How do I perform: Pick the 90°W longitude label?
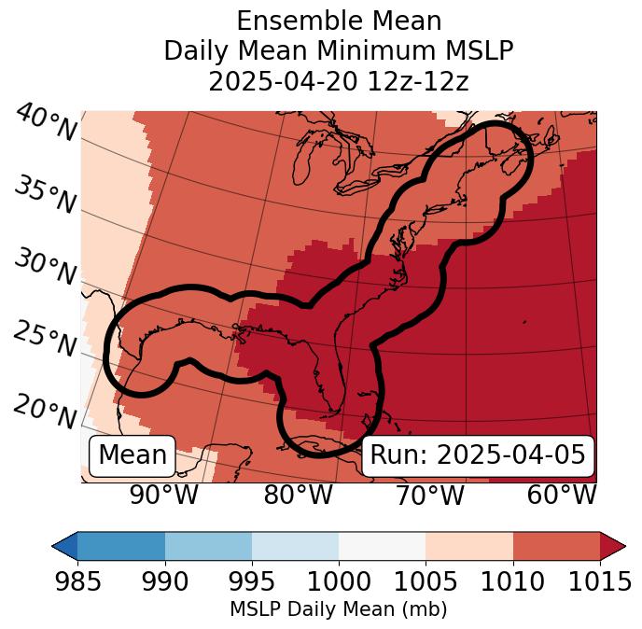[163, 496]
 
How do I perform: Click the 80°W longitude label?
[298, 496]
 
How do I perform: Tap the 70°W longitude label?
[429, 496]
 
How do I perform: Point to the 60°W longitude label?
[562, 496]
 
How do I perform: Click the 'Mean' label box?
[133, 455]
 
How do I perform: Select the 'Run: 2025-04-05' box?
[478, 455]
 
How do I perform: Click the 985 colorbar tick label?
[77, 581]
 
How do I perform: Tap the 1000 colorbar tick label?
[339, 581]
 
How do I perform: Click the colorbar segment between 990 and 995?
[208, 546]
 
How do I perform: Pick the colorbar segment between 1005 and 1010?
[469, 546]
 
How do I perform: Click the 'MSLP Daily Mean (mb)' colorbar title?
[339, 610]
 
